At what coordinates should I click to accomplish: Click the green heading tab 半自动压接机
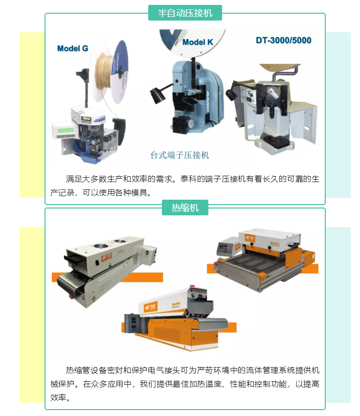(x=185, y=13)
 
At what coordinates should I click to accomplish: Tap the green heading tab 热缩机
(x=185, y=208)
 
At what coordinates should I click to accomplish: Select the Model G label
(x=72, y=48)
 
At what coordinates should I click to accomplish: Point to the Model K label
(x=198, y=43)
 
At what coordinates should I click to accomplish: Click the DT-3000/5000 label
(x=283, y=40)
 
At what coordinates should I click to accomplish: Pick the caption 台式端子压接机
(x=180, y=155)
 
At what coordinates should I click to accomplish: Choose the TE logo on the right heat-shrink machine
(x=248, y=238)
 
